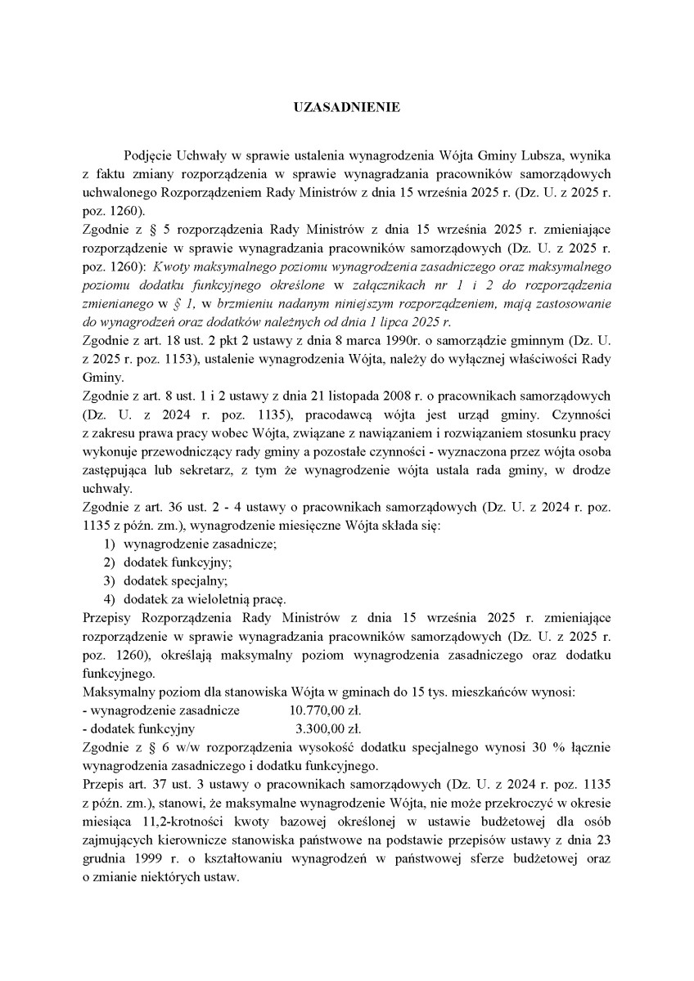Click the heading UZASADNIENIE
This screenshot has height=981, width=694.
coord(347,107)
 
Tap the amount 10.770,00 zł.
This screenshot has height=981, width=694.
coord(325,710)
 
